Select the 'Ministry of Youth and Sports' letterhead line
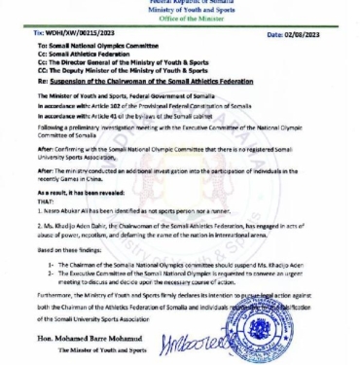pos(180,12)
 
